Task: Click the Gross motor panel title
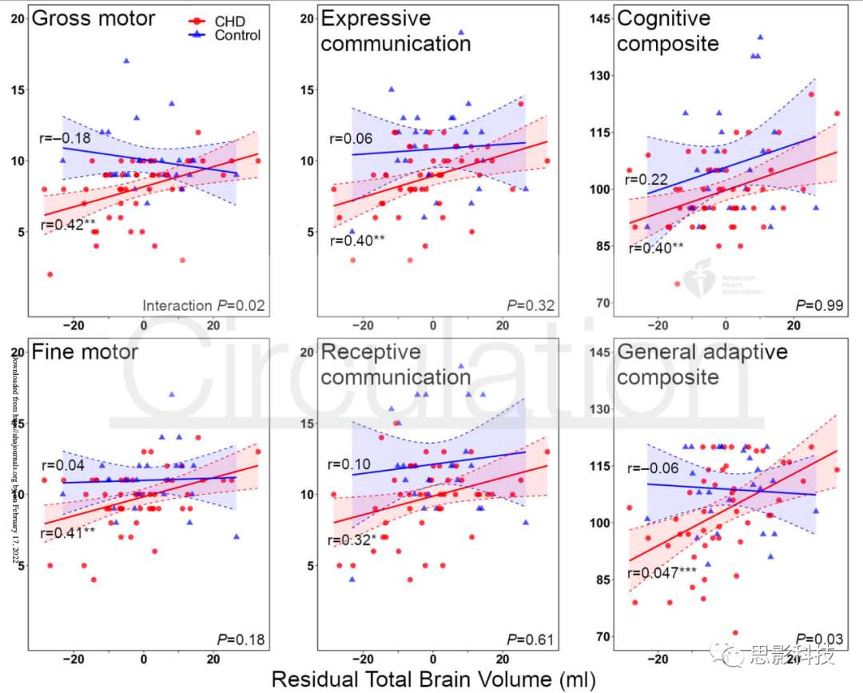[93, 18]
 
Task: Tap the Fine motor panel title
[84, 352]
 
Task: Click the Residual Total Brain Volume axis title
[434, 679]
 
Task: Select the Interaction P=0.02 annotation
[203, 305]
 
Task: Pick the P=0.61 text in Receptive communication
[530, 639]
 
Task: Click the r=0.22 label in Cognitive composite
[646, 180]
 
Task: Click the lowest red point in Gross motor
[50, 274]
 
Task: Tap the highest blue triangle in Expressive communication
[461, 33]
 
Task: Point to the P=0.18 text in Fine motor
[241, 639]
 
